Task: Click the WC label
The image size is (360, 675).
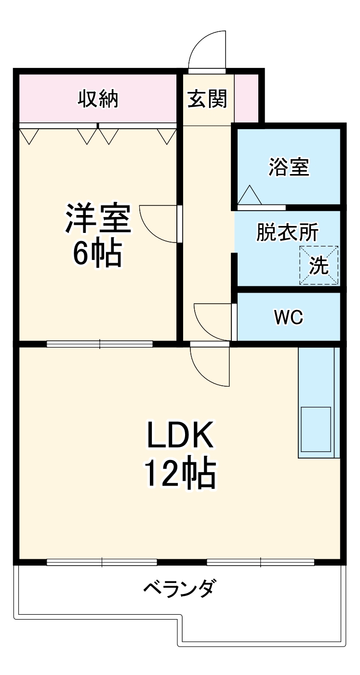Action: point(288,317)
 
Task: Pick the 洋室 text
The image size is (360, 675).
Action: point(98,219)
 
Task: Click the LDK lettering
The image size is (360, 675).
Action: point(179,435)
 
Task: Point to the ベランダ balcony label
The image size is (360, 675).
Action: point(179,588)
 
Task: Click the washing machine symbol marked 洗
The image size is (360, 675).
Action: point(319,265)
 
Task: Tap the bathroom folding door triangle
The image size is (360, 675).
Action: point(250,196)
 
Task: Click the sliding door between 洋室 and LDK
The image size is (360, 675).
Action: point(100,344)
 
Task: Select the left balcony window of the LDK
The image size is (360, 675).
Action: point(102,562)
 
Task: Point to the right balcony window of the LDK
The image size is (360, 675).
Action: point(260,562)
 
